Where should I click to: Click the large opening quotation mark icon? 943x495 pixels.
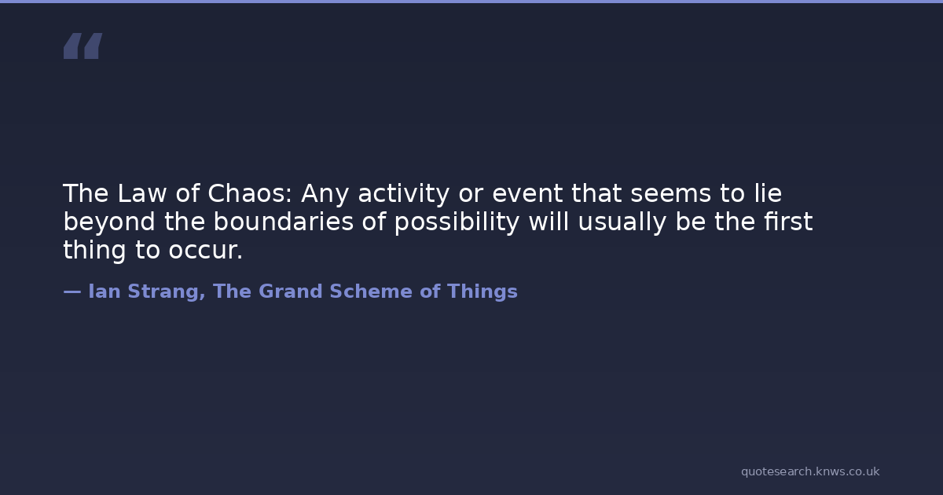(83, 46)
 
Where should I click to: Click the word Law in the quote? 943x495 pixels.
(142, 193)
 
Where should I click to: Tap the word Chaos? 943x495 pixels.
(250, 193)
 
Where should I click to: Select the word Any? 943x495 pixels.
(325, 195)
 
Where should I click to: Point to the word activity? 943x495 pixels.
(404, 195)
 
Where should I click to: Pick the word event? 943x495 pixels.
(527, 193)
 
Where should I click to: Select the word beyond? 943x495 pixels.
(109, 222)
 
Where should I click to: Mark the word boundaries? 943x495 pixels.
(283, 222)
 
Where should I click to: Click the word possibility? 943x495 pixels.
(457, 222)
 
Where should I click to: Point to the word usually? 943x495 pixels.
(622, 222)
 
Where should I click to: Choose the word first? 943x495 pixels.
(788, 222)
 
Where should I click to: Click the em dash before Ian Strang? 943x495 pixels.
(72, 291)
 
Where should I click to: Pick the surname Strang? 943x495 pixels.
(167, 292)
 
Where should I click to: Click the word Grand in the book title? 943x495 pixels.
(291, 291)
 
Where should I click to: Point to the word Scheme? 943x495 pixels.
(371, 291)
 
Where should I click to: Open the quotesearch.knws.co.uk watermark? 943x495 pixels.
(810, 471)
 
